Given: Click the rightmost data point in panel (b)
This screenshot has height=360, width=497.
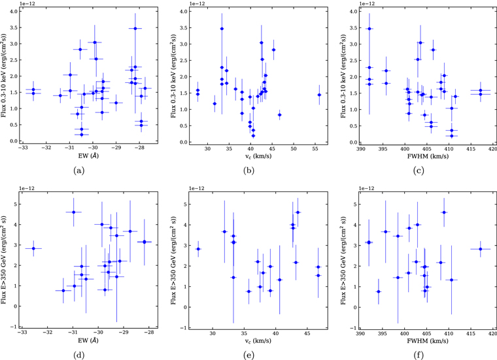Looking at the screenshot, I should tap(319, 95).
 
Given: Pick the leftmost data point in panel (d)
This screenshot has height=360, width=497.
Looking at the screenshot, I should tap(33, 248).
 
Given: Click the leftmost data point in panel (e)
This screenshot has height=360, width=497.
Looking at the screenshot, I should tap(198, 249).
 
